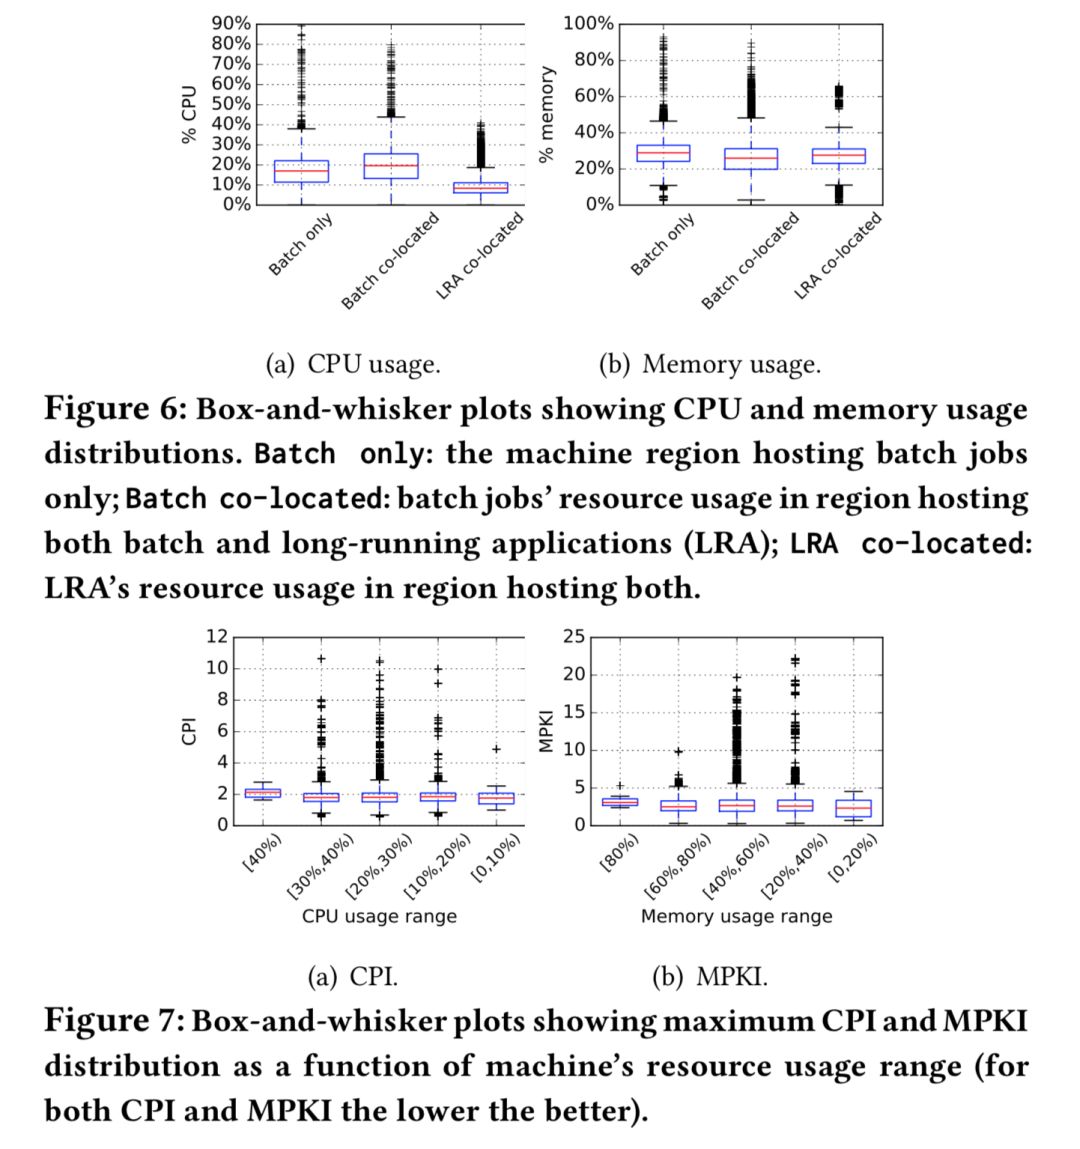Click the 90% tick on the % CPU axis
[x=231, y=23]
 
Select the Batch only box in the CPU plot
[x=301, y=171]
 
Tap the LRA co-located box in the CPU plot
[x=480, y=187]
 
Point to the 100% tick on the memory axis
[x=589, y=24]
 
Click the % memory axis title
[x=546, y=114]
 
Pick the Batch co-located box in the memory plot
[x=751, y=158]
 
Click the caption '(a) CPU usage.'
[x=352, y=364]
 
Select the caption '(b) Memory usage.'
[x=709, y=364]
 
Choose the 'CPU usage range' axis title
[x=379, y=916]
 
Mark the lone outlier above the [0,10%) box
[x=496, y=749]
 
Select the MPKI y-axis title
[x=546, y=731]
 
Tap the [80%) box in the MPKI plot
[x=620, y=802]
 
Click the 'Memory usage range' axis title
[x=736, y=916]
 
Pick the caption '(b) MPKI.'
[x=709, y=976]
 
